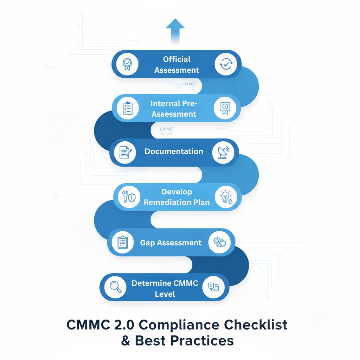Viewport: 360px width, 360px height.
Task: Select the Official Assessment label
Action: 176,65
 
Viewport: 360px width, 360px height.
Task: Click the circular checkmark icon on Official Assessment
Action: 226,64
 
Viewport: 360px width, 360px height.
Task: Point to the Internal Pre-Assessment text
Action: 174,109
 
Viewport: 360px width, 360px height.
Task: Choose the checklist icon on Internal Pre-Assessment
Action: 127,108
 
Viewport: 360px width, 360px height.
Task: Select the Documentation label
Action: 174,152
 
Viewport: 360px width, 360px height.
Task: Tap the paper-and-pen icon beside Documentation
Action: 126,152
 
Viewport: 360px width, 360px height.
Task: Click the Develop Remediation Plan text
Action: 176,197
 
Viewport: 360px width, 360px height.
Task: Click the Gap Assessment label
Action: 171,243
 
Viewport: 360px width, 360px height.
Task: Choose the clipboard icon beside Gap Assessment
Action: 122,243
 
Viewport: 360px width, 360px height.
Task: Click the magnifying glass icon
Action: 116,287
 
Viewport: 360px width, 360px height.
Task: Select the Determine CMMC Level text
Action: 165,288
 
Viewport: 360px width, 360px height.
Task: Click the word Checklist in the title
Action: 253,325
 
